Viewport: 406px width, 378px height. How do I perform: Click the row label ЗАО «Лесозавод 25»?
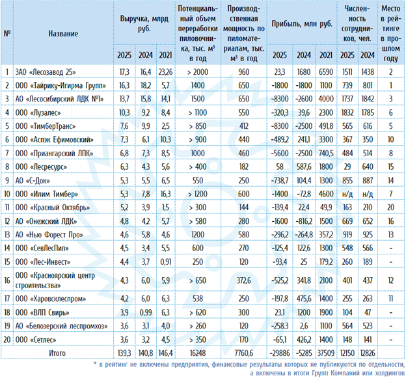[46, 72]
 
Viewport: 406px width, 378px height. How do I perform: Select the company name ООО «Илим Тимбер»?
[47, 194]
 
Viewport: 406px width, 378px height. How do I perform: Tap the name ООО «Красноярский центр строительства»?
[55, 280]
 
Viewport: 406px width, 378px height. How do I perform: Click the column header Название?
[63, 33]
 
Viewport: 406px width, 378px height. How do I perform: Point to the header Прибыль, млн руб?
[302, 24]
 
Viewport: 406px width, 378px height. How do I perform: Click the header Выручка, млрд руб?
[144, 23]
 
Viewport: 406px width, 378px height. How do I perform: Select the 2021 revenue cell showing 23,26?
[166, 72]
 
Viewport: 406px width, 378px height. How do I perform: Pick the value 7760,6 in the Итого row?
[243, 353]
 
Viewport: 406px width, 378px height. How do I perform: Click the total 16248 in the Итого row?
[198, 353]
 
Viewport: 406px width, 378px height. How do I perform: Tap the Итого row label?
[57, 353]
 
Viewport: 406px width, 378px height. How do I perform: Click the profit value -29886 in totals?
[280, 353]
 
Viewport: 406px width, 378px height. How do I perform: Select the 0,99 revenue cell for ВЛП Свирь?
[146, 312]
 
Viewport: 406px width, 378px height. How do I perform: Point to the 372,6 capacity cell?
[243, 280]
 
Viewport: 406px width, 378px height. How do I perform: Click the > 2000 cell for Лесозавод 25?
[198, 72]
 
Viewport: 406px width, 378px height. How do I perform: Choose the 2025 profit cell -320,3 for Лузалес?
[280, 113]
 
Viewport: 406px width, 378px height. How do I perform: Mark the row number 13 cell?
[7, 235]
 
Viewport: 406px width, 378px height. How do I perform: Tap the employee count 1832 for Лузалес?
[347, 113]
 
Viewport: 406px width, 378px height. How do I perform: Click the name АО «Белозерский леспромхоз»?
[61, 326]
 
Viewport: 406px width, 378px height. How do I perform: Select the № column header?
[7, 33]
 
